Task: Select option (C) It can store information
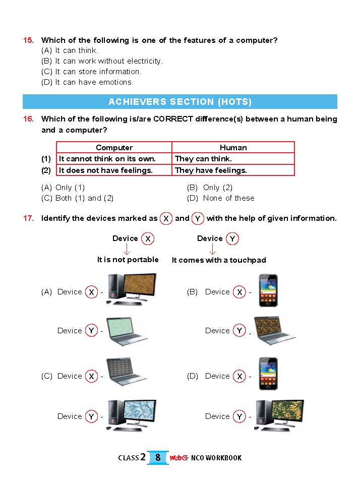click(91, 72)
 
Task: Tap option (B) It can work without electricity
click(102, 61)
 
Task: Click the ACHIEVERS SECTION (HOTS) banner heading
click(180, 102)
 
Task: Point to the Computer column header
click(114, 148)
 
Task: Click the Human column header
click(233, 148)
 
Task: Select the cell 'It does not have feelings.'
click(106, 170)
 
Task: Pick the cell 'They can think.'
click(203, 159)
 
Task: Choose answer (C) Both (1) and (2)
click(78, 198)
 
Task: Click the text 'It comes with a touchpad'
click(219, 260)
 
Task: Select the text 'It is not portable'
click(128, 260)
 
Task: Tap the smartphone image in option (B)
click(268, 290)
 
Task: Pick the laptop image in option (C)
click(127, 372)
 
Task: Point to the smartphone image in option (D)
click(268, 374)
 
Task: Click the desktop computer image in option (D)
click(279, 415)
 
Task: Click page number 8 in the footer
click(158, 458)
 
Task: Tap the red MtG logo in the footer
click(178, 458)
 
